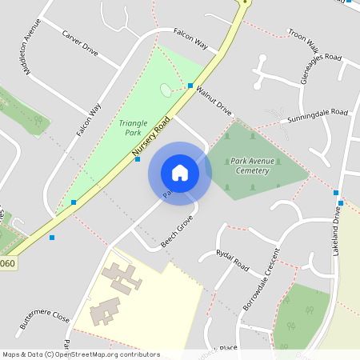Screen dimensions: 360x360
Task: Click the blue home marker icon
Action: (x=180, y=173)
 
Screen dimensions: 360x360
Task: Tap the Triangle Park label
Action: (x=134, y=128)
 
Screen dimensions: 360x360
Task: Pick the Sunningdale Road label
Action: (x=318, y=117)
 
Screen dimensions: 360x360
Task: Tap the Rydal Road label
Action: (x=233, y=259)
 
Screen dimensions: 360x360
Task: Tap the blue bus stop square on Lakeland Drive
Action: (x=337, y=192)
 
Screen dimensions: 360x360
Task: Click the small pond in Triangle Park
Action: (x=166, y=90)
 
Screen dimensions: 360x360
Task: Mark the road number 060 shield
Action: (x=7, y=262)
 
